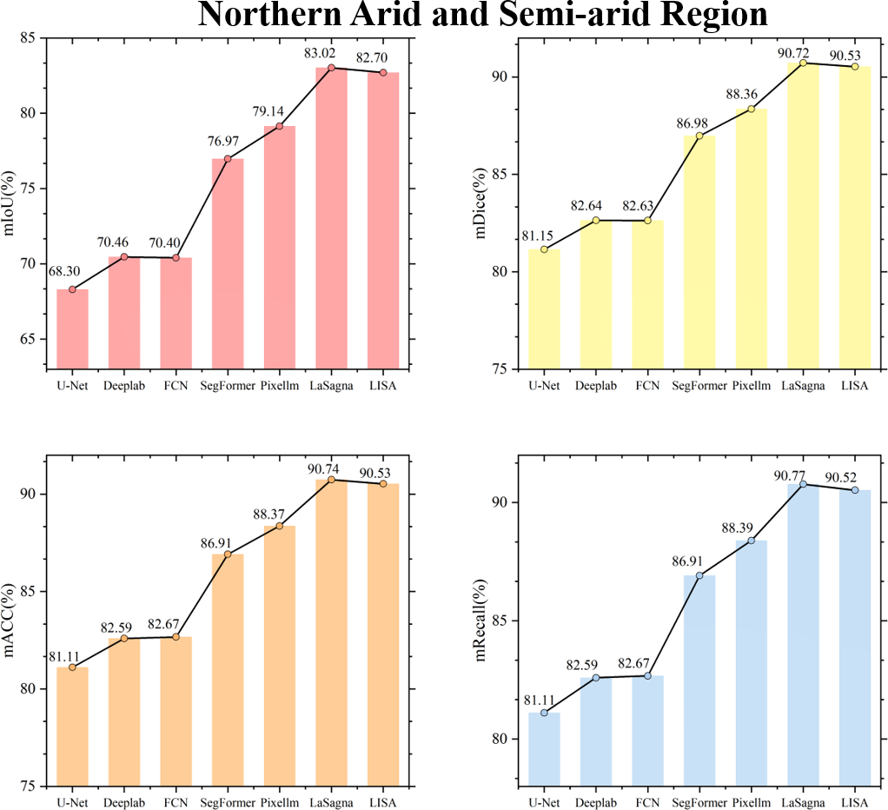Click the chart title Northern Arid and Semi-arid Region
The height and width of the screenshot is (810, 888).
pyautogui.click(x=482, y=15)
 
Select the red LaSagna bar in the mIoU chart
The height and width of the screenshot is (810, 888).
pyautogui.click(x=331, y=217)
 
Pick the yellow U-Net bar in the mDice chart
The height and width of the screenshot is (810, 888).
pyautogui.click(x=544, y=309)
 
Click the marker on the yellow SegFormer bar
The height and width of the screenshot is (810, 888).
pyautogui.click(x=699, y=136)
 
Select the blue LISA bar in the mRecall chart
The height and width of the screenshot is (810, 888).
pyautogui.click(x=855, y=639)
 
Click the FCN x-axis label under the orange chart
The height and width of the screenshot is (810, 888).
pyautogui.click(x=176, y=801)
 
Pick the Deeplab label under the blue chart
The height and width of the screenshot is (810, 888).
pyautogui.click(x=595, y=801)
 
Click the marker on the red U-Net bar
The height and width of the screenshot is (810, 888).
pyautogui.click(x=72, y=289)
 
